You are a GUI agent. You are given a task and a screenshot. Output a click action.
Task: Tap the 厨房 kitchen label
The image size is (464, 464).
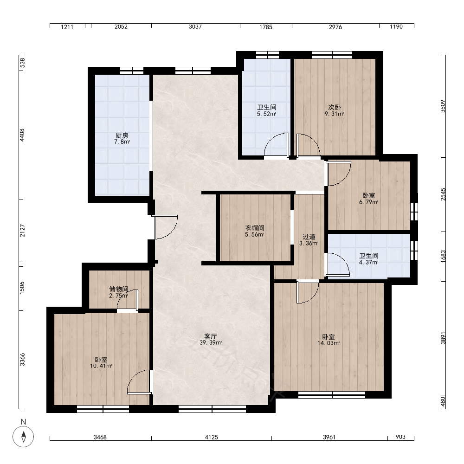pos(122,135)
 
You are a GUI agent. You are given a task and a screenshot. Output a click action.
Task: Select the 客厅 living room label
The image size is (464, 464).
pos(211,336)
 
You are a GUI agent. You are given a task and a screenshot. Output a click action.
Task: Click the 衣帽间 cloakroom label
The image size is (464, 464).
pos(254,228)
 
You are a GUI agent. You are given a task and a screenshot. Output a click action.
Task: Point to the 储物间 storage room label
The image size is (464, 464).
pos(119,289)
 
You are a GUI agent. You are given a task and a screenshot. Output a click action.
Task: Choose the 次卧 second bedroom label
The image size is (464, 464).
pos(335,107)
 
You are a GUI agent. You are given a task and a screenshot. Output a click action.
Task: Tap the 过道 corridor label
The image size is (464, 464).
pos(309,237)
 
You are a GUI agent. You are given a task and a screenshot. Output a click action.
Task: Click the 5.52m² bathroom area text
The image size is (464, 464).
pos(267,114)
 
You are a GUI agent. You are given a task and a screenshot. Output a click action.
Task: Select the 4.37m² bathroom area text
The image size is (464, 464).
pos(369,263)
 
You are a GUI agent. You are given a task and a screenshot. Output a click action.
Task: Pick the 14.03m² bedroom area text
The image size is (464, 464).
pos(329,343)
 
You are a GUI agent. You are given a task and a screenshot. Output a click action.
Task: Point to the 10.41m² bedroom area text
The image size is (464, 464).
pos(101,366)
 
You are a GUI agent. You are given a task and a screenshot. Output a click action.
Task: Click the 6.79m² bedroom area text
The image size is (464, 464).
pos(369,202)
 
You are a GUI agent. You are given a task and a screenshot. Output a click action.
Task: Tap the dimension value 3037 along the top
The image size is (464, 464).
pos(195,26)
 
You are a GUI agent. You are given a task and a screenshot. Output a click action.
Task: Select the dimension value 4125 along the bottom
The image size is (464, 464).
pos(211,437)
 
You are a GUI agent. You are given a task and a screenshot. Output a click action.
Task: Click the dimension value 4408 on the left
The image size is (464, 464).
pos(22,135)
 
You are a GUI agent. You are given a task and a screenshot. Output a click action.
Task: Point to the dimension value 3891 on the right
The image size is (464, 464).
pos(443,338)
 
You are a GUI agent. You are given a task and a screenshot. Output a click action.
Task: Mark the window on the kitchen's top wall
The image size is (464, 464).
pos(132,71)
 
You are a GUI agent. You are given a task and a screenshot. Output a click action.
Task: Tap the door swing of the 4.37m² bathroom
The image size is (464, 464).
pos(338,265)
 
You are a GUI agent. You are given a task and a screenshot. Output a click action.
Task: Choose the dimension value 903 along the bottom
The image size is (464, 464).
pos(400,437)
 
